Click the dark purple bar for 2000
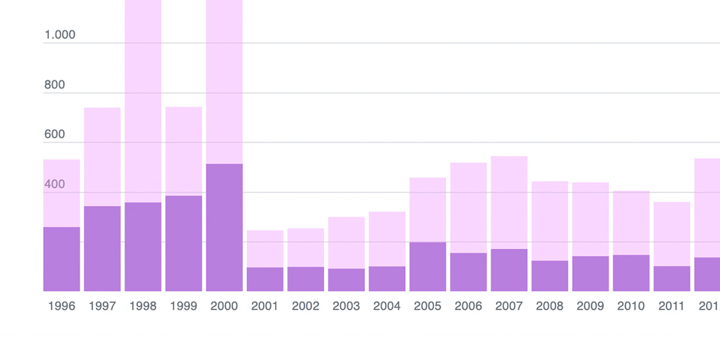coord(224,228)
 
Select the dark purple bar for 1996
coord(62,259)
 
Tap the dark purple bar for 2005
coord(428,267)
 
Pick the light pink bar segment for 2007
coord(509,203)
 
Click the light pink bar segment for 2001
coord(265,249)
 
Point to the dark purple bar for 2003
coord(346,280)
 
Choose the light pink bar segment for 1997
coord(102,157)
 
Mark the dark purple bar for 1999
coord(184,244)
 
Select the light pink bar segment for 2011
coord(672,234)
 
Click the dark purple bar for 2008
coord(550,276)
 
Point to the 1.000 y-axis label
coord(60,35)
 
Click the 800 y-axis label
coord(55,85)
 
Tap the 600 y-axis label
coord(55,134)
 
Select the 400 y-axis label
coord(55,184)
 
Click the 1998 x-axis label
coord(143,307)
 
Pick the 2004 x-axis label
coord(387,307)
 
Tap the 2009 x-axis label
coord(590,307)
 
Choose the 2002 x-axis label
coord(305,307)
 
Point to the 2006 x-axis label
coord(468,307)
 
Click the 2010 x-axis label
coord(631,307)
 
